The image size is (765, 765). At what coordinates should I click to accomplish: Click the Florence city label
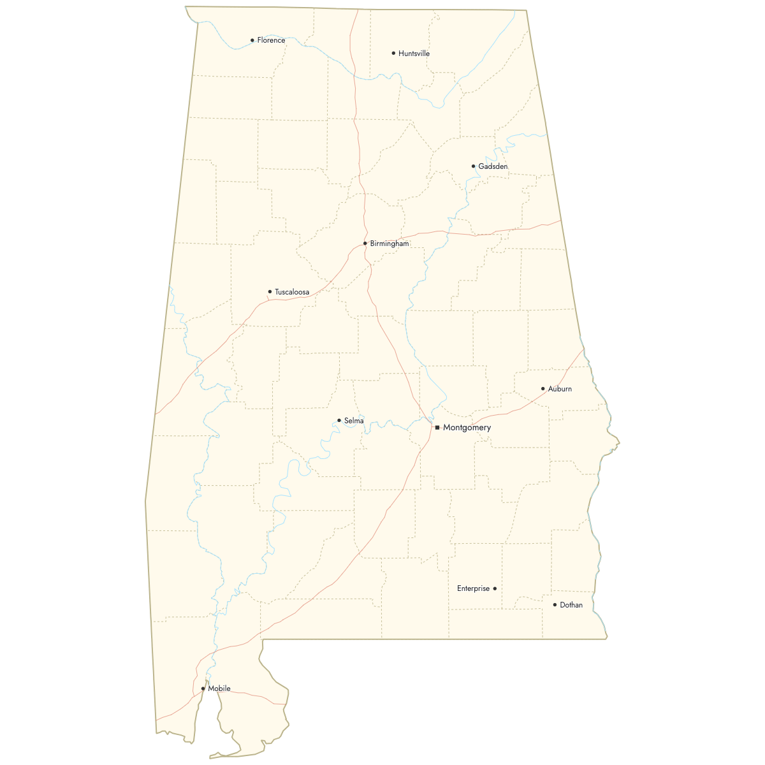click(x=271, y=40)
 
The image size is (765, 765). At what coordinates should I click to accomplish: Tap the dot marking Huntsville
click(x=393, y=53)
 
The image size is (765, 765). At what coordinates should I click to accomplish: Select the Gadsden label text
click(x=493, y=166)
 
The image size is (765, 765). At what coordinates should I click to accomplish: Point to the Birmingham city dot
click(x=365, y=243)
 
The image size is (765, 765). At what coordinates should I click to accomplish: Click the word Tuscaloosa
click(x=292, y=292)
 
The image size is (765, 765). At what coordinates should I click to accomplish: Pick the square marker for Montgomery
click(x=437, y=427)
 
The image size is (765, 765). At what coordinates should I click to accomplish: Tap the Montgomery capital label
click(x=467, y=427)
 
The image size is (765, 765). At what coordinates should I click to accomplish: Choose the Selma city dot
click(x=339, y=420)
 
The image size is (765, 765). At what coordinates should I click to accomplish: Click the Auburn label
click(x=560, y=388)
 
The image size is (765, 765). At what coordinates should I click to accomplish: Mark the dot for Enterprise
click(x=495, y=588)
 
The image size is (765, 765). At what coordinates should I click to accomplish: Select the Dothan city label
click(x=571, y=605)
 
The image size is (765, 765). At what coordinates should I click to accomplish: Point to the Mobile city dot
click(x=203, y=688)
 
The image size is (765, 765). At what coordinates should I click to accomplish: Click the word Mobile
click(x=219, y=688)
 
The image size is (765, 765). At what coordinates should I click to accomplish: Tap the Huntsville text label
click(x=414, y=54)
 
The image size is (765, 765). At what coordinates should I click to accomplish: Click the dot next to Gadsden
click(x=473, y=166)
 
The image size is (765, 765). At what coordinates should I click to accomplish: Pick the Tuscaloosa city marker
click(x=270, y=291)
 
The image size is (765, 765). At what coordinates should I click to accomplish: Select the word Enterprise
click(x=473, y=588)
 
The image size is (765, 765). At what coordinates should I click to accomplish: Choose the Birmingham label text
click(x=390, y=244)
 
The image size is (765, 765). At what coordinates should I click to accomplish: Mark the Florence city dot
click(x=252, y=40)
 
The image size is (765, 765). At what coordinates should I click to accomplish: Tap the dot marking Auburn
click(x=543, y=388)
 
